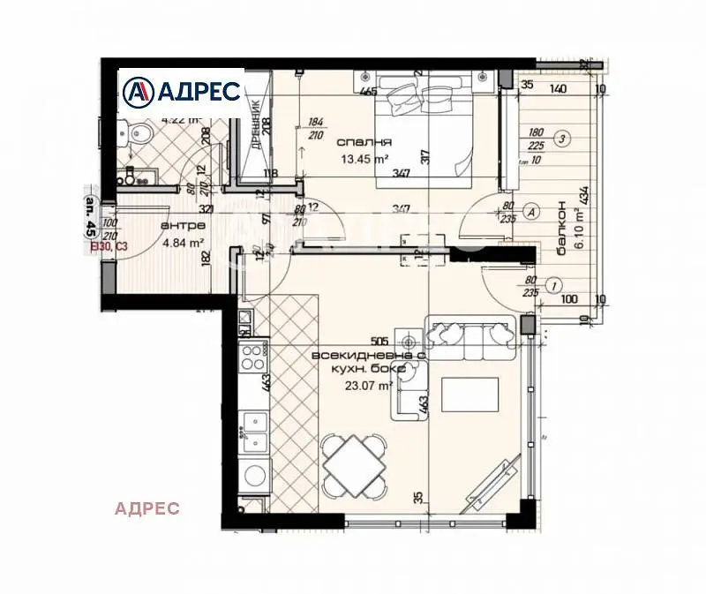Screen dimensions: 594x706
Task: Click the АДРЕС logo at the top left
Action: click(182, 91)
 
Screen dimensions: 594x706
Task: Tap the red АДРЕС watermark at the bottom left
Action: click(147, 508)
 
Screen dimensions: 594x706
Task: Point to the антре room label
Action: click(178, 226)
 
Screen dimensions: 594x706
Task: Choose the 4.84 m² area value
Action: click(182, 243)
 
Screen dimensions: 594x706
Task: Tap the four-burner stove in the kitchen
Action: click(253, 360)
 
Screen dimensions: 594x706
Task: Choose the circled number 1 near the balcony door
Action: click(553, 285)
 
